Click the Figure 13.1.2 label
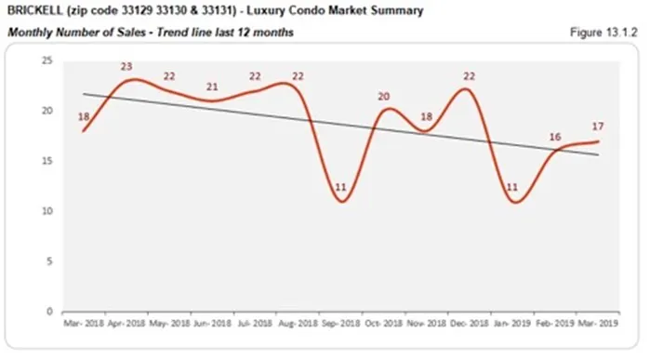(603, 33)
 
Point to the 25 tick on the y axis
(46, 60)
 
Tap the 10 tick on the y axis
(46, 211)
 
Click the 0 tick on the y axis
(49, 312)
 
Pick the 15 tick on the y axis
(46, 161)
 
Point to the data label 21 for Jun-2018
(213, 87)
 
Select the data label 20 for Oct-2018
(383, 97)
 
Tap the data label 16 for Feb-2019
(555, 137)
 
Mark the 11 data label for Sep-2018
(341, 188)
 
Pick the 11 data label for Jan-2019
(512, 187)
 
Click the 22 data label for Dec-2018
(470, 76)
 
